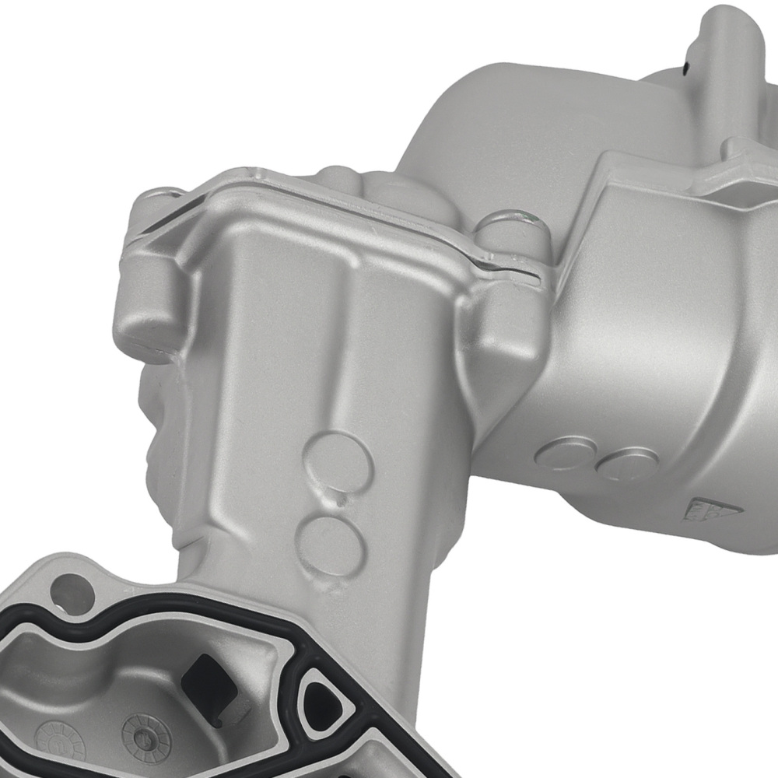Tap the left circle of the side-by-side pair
(566, 454)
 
